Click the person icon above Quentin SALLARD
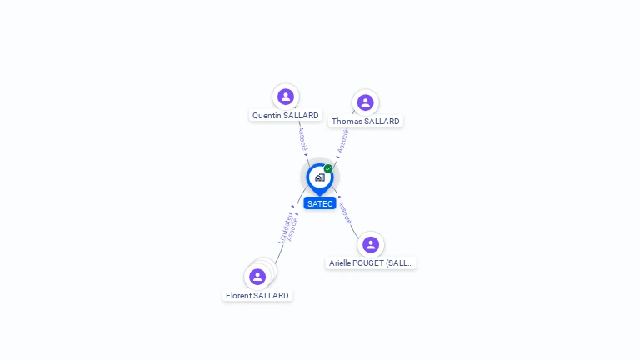click(286, 97)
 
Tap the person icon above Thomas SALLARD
click(365, 102)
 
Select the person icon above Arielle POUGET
click(371, 245)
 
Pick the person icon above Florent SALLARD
click(257, 277)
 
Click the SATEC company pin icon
click(319, 177)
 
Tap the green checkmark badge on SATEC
click(328, 169)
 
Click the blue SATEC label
click(320, 203)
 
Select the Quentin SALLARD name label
click(286, 116)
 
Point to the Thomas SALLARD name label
click(365, 122)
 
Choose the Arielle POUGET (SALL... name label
click(371, 263)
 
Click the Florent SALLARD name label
click(257, 296)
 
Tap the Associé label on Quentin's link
click(302, 138)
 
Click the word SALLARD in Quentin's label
click(301, 116)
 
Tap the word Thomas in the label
click(347, 122)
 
